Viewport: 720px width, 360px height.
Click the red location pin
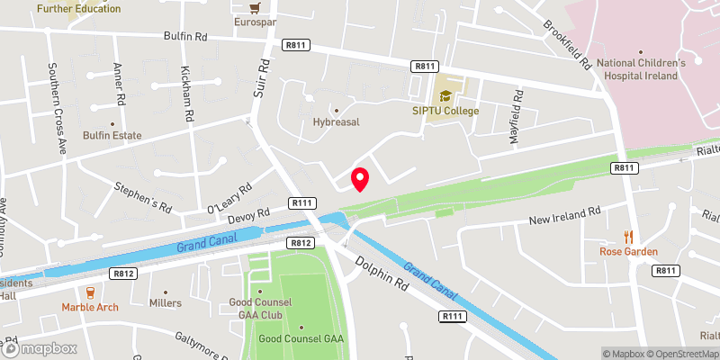pyautogui.click(x=360, y=179)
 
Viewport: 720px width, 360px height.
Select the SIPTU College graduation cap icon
pyautogui.click(x=445, y=94)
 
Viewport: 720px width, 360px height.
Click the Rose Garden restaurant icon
pyautogui.click(x=629, y=237)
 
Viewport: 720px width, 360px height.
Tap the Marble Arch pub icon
pyautogui.click(x=89, y=292)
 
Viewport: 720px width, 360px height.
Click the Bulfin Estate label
pyautogui.click(x=112, y=135)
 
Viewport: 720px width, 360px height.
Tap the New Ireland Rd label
pyautogui.click(x=564, y=217)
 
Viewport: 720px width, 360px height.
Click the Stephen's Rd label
pyautogui.click(x=142, y=196)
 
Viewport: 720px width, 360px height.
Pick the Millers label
pyautogui.click(x=166, y=303)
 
